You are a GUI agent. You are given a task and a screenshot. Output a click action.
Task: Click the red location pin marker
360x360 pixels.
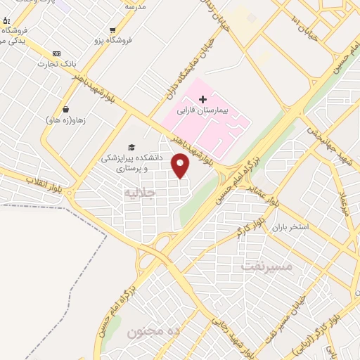tap(181, 166)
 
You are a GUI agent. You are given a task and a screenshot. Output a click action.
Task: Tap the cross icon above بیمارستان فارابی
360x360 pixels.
tap(203, 100)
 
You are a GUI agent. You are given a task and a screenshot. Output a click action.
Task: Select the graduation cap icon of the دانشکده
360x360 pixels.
tap(131, 146)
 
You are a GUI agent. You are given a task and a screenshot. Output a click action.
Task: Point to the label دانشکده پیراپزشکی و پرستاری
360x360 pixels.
tap(131, 162)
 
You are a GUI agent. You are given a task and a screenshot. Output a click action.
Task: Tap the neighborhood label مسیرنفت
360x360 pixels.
tap(265, 266)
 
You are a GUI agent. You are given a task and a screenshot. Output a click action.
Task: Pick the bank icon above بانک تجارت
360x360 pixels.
tap(56, 54)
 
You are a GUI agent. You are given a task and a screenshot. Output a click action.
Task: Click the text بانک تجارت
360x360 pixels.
tap(56, 65)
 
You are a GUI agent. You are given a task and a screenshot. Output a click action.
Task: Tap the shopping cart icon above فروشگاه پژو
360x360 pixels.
tap(112, 30)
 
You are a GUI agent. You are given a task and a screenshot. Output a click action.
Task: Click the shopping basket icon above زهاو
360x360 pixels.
tap(65, 109)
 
